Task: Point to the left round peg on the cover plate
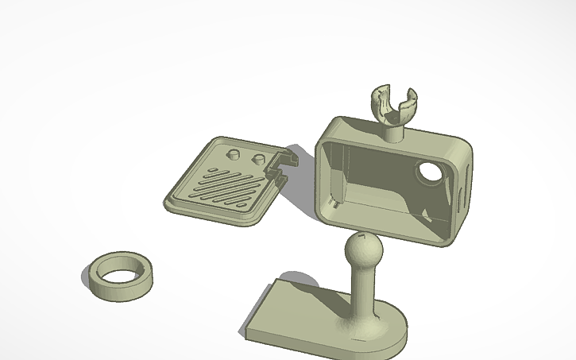point(234,151)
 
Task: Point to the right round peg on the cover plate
point(258,159)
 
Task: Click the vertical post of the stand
point(361,294)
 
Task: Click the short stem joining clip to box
point(395,133)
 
